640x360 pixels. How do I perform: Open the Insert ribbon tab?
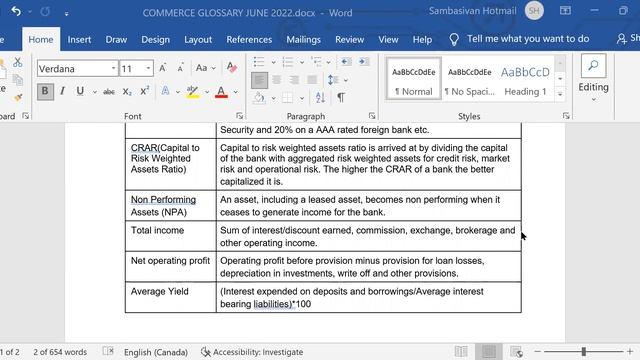tap(79, 40)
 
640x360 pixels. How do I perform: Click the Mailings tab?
tap(303, 40)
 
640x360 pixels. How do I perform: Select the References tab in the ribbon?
tap(249, 40)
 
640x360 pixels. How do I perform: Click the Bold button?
tap(45, 91)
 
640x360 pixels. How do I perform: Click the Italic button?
tap(63, 91)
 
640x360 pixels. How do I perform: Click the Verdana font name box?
tap(76, 69)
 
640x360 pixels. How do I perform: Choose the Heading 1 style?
tap(525, 80)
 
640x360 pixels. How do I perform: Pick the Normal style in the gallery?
tap(414, 80)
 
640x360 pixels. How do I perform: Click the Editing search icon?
tap(593, 68)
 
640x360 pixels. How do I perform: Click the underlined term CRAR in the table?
tap(144, 148)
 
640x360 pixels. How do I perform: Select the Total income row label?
tap(157, 231)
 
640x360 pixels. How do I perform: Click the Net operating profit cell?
tap(170, 261)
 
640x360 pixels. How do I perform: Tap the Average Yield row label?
tap(161, 291)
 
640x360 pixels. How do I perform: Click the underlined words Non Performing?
tap(163, 200)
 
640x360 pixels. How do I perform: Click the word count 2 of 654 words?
tap(60, 352)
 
